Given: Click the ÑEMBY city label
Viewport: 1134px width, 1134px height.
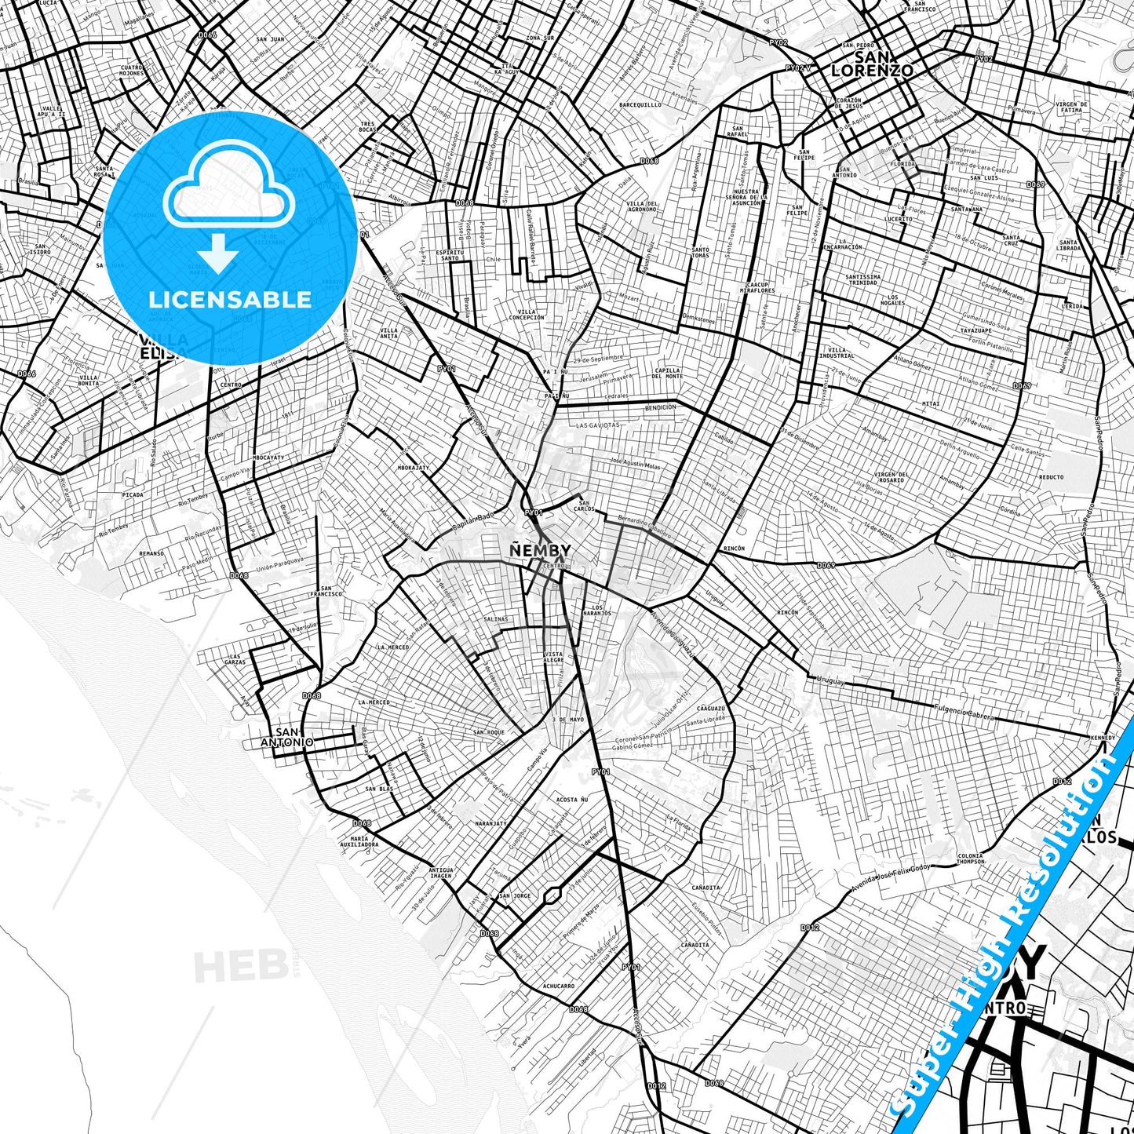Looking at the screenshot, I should click(540, 550).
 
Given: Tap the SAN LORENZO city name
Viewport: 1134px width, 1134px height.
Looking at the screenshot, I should click(872, 64).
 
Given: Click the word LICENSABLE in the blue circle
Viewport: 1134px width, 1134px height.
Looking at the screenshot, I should click(230, 299).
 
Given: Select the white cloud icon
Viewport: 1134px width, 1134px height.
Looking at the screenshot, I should click(228, 186).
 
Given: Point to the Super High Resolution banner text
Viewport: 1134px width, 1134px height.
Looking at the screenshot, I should click(1012, 926).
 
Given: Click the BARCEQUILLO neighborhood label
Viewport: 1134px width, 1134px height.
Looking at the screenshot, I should click(640, 104).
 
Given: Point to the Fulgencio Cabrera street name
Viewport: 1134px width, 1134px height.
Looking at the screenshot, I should click(964, 713).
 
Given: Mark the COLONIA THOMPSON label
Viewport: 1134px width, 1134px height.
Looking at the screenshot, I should click(971, 859).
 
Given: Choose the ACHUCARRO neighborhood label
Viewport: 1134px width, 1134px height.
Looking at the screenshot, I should click(558, 986).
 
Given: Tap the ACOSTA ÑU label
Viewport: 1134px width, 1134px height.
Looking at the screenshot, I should click(571, 800).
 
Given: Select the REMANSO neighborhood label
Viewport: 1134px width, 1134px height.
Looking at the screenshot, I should click(151, 553).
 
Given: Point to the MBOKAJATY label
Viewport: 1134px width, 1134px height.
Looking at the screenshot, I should click(414, 468).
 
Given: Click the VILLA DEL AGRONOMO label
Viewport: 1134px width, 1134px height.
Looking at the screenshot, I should click(641, 206).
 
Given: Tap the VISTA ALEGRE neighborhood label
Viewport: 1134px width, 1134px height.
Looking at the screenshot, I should click(553, 658).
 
